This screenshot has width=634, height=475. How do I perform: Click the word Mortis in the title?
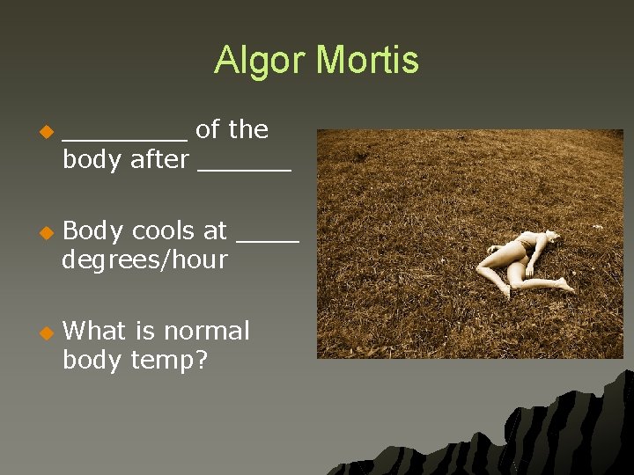click(367, 61)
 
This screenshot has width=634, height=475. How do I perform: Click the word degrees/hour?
click(145, 260)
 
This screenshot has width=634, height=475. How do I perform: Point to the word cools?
click(164, 230)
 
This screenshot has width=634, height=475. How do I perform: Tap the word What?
click(95, 331)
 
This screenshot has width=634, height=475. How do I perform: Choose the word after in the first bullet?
click(159, 160)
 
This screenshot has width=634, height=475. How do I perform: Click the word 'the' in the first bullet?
click(248, 130)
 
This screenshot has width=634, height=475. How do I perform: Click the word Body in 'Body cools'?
click(94, 230)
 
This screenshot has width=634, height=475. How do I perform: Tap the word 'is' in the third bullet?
click(144, 331)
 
